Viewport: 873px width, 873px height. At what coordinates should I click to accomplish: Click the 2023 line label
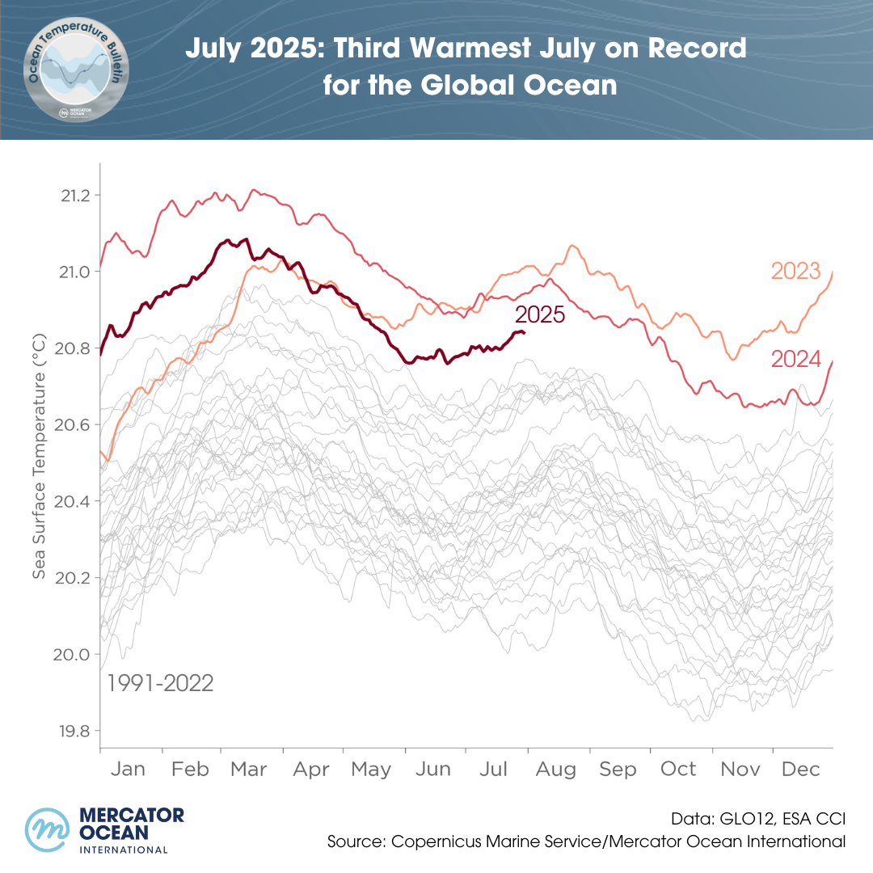[795, 271]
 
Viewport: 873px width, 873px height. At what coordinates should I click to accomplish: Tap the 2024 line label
[795, 359]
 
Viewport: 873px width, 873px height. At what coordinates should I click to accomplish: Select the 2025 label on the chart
[540, 314]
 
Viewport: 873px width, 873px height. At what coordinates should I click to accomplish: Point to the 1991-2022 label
[161, 684]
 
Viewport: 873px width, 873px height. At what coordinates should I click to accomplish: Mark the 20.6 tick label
[74, 425]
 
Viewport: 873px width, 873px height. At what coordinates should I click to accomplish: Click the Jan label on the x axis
[129, 770]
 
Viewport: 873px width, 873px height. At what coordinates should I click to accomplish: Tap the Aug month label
[555, 770]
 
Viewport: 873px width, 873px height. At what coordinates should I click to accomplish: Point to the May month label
[372, 770]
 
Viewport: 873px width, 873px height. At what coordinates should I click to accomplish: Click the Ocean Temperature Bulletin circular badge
[75, 70]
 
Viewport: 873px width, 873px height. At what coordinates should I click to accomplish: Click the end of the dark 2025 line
[524, 332]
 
